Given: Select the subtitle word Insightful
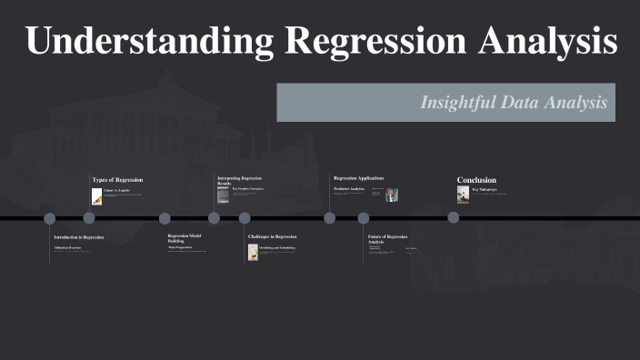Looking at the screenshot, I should [456, 103].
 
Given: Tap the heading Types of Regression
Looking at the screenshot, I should [117, 180].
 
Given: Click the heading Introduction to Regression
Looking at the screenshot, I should [78, 237].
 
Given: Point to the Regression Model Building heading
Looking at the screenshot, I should [185, 238].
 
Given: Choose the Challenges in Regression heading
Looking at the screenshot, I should [272, 236].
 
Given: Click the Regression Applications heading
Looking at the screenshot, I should [358, 178].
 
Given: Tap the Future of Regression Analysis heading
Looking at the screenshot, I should [387, 239].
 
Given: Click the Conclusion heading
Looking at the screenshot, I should [476, 180].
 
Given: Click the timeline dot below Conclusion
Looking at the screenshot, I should [454, 217].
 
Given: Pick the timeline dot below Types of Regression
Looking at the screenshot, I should [89, 217].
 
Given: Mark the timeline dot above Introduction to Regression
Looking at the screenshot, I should [50, 218].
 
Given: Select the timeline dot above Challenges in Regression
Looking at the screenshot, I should [245, 218].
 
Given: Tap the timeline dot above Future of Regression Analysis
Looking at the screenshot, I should [364, 218].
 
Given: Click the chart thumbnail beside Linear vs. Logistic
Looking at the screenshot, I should [96, 196].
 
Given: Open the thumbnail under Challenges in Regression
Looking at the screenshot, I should [253, 252].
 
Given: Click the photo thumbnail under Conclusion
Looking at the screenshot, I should [463, 194].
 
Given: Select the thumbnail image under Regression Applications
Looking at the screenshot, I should [392, 195].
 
